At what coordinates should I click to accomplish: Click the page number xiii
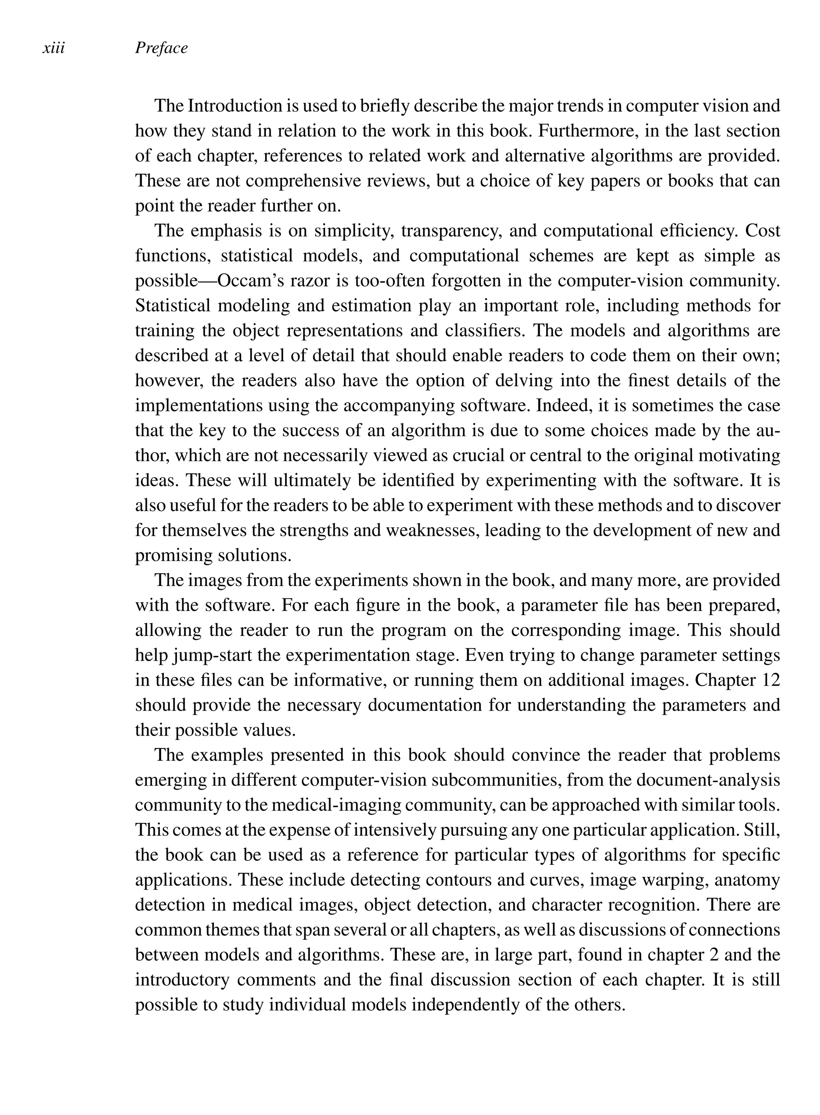point(54,48)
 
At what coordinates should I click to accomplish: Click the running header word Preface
point(161,48)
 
